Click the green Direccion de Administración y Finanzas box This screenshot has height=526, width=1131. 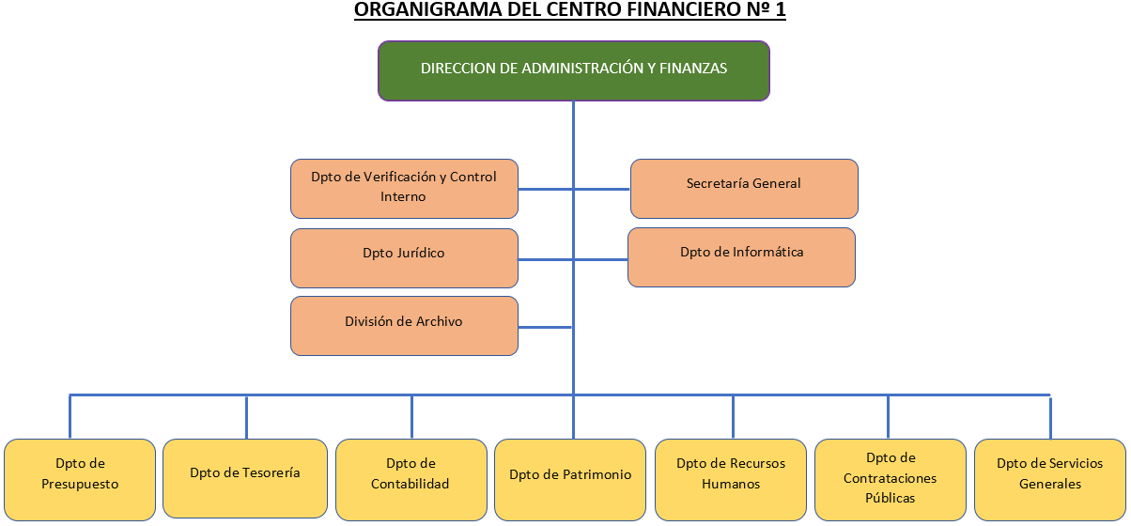(573, 70)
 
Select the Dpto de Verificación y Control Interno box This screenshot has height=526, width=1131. (404, 188)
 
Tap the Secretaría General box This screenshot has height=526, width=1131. (743, 188)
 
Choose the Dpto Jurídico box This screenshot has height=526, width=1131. (404, 257)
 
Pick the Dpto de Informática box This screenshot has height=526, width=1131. (741, 256)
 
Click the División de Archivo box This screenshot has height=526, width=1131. (404, 326)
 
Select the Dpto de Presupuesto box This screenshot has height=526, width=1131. (80, 479)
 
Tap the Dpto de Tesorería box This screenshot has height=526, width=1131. (245, 479)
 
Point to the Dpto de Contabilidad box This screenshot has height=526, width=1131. (411, 479)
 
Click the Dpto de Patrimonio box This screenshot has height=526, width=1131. (570, 479)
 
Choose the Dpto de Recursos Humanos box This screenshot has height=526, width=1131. (730, 479)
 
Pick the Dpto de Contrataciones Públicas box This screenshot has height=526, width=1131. (890, 479)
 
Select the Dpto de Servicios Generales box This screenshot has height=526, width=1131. (1049, 479)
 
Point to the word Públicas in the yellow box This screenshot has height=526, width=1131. (890, 498)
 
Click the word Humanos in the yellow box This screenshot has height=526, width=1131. (730, 484)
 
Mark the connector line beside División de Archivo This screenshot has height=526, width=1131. (545, 327)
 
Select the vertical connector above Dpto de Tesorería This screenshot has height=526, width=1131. (246, 416)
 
